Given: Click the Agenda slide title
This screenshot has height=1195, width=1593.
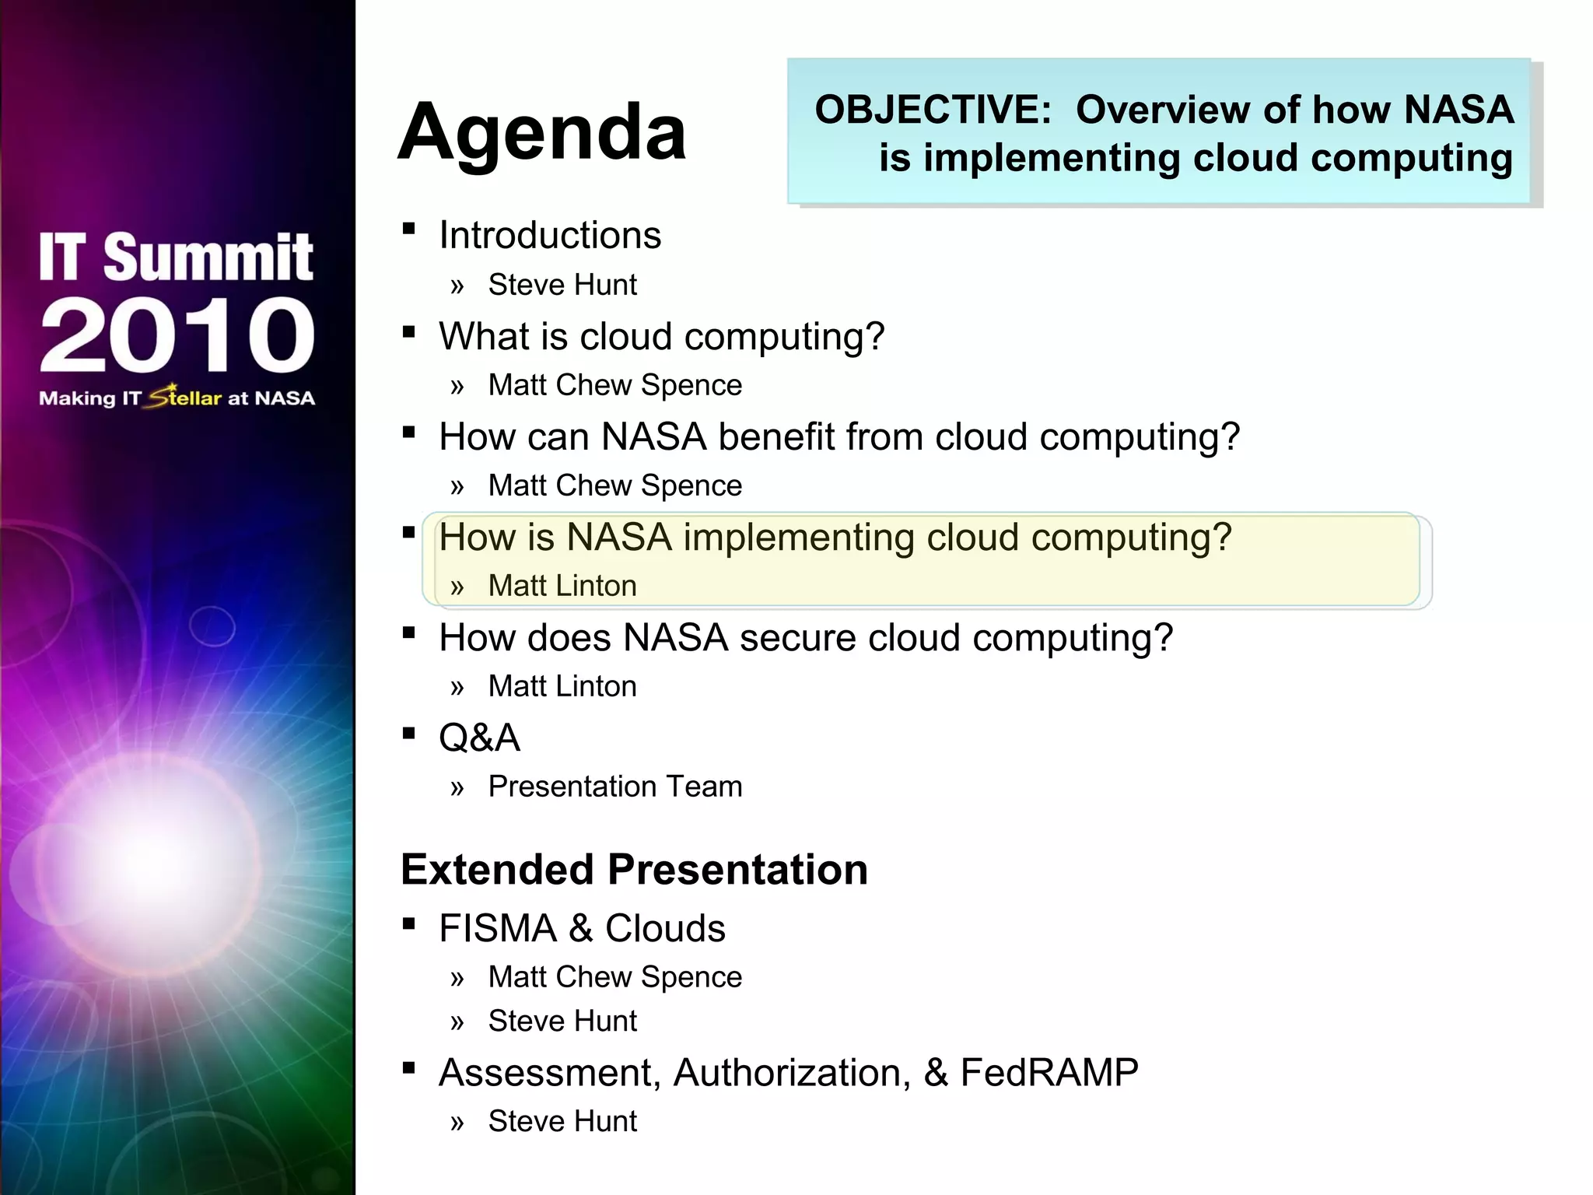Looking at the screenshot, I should coord(542,132).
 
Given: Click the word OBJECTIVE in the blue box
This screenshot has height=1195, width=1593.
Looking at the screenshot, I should coord(932,110).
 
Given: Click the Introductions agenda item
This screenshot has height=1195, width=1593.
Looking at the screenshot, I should coord(549,235).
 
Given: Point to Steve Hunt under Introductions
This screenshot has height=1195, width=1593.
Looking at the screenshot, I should coord(562,285).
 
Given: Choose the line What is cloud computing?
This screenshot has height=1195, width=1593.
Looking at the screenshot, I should coord(661,337).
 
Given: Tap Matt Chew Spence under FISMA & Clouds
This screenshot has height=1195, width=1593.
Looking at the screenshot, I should coord(614,977).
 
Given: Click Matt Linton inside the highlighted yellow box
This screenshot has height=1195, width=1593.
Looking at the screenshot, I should coord(562,586).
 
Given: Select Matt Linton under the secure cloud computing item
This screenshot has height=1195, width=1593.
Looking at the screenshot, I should coord(562,686).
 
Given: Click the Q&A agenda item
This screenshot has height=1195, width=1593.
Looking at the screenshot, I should coord(479,738).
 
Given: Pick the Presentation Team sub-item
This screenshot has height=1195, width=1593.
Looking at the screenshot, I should coord(614,787).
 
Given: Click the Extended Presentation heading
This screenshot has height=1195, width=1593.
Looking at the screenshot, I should coord(634,869).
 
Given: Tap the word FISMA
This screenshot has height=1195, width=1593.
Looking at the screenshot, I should coord(498,929).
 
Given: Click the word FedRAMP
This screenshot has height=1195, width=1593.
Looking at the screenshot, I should coord(1049,1073).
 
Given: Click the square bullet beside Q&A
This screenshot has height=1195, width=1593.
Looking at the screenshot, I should coord(409,733).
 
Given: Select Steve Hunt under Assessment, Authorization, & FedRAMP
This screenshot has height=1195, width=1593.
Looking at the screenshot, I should coord(562,1121).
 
